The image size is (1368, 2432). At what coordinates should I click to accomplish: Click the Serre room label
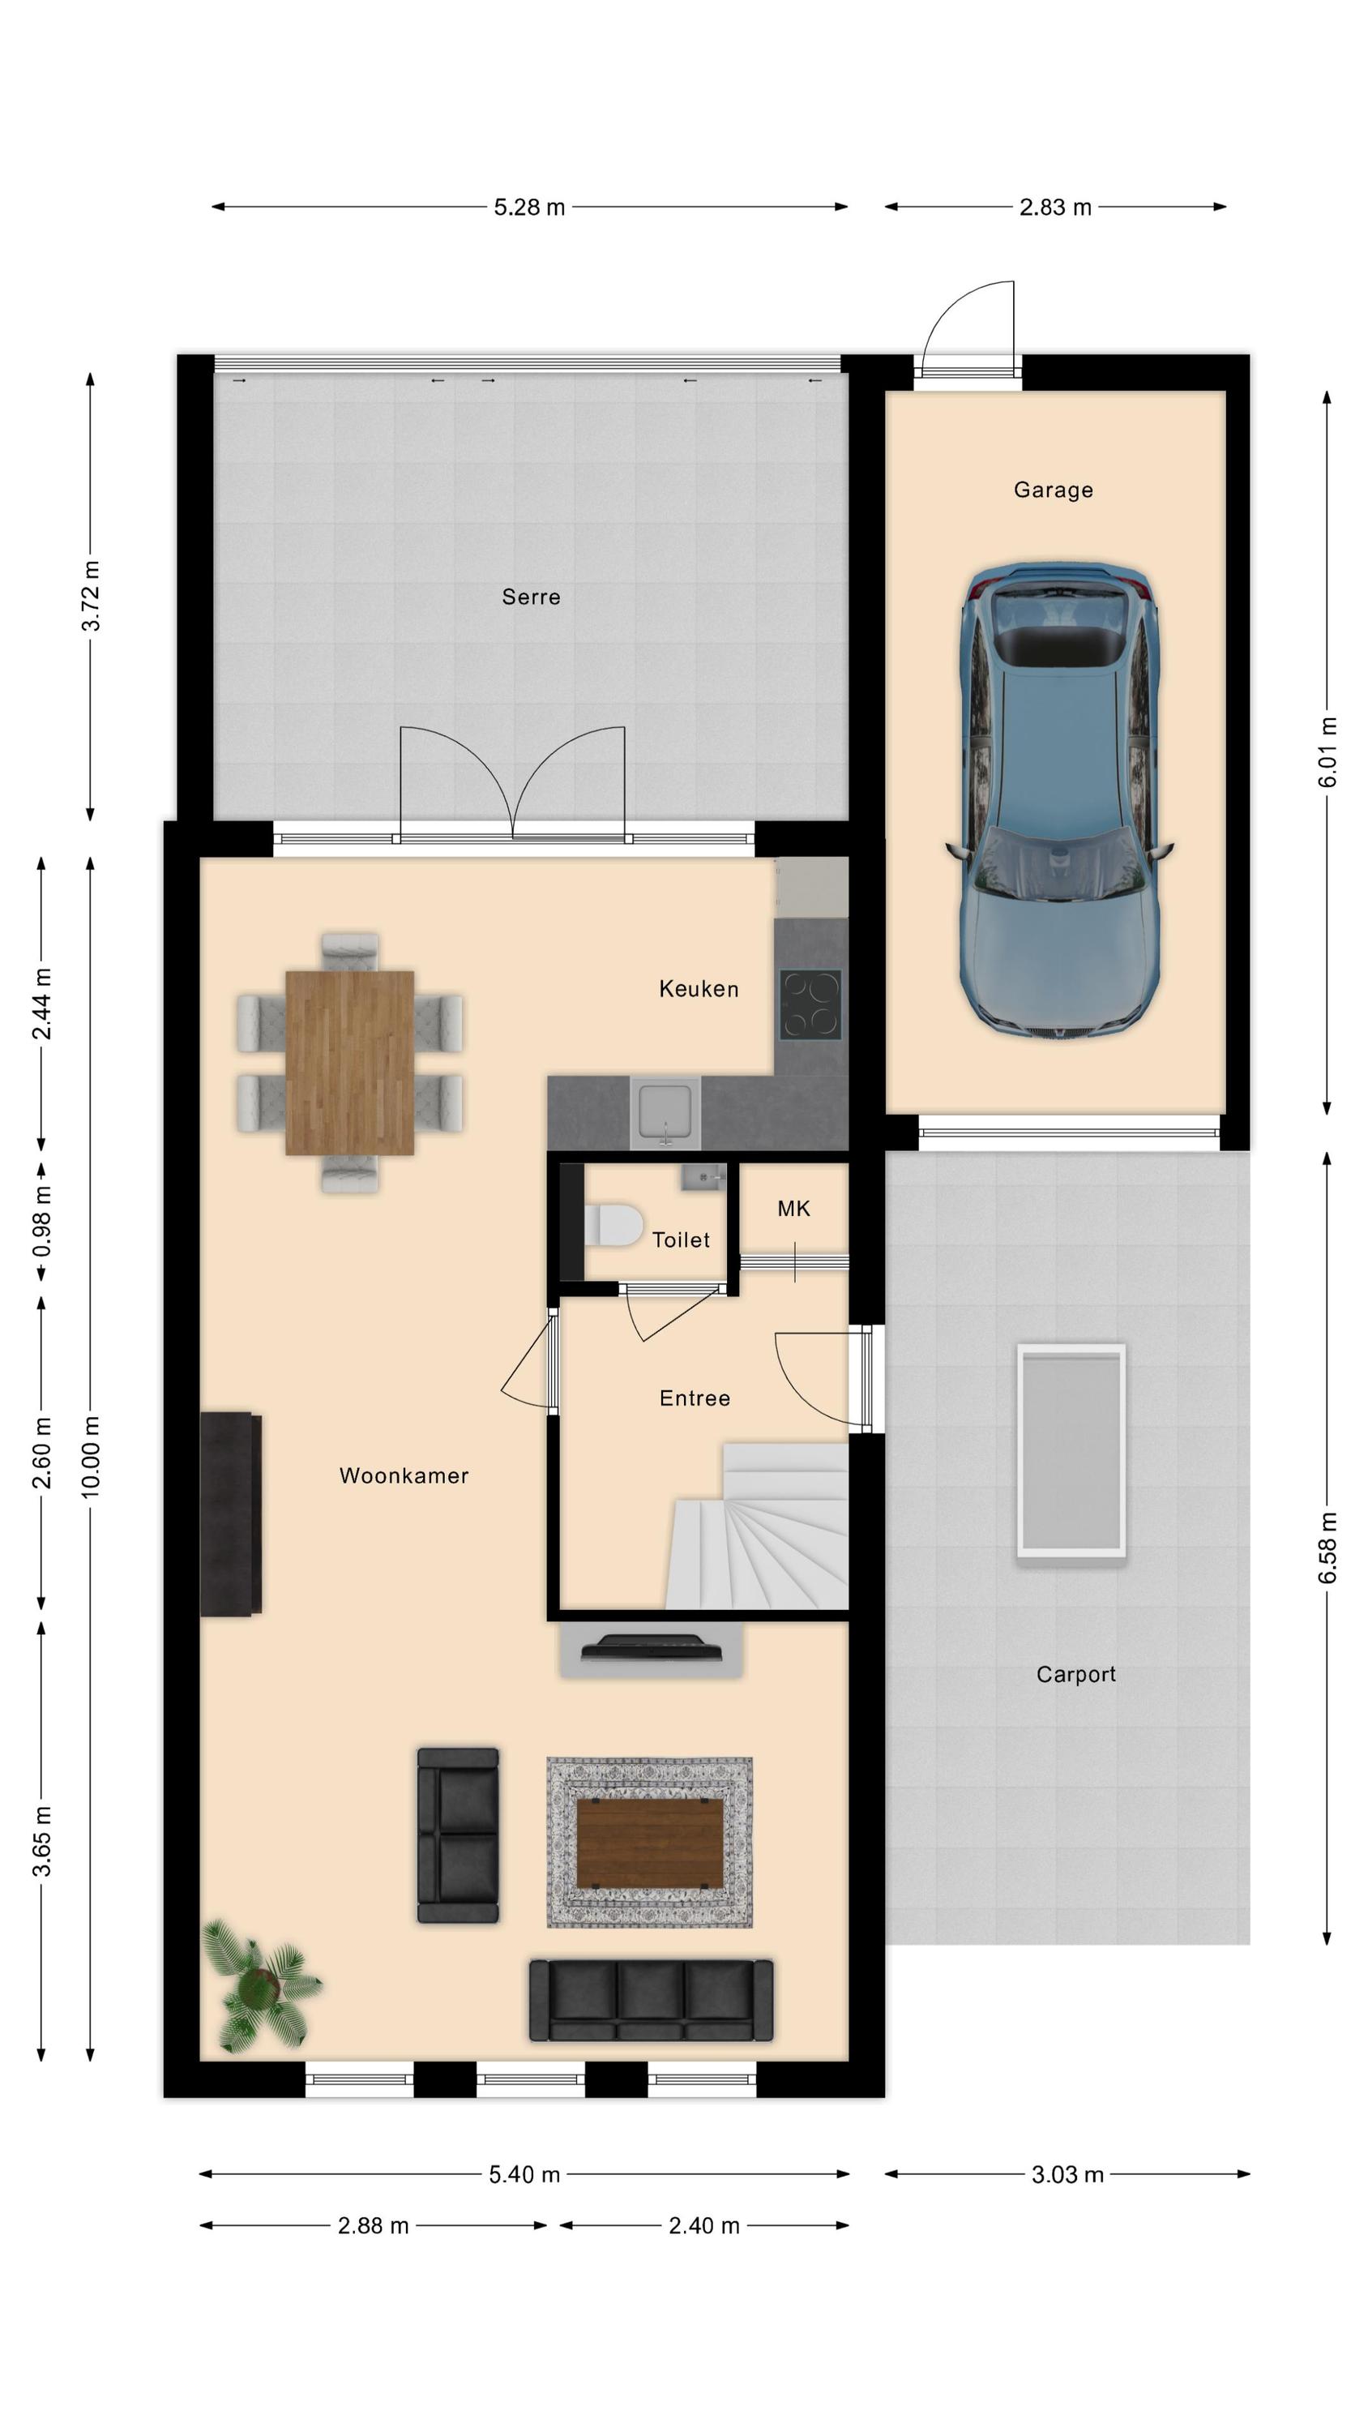coord(531,597)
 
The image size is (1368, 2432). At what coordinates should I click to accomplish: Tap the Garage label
coord(1053,490)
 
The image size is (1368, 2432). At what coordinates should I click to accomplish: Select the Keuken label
coord(699,988)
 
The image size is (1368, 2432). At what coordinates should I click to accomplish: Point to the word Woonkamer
coord(404,1475)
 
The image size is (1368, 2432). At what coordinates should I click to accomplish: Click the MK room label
coord(793,1209)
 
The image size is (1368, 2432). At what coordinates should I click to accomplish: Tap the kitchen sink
coord(665,1112)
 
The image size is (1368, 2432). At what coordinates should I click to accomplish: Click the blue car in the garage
coord(1058,803)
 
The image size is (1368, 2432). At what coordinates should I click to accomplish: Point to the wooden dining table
coord(349,1062)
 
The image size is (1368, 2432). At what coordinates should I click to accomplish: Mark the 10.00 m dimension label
coord(91,1457)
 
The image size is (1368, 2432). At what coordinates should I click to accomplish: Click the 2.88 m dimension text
coord(373,2225)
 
